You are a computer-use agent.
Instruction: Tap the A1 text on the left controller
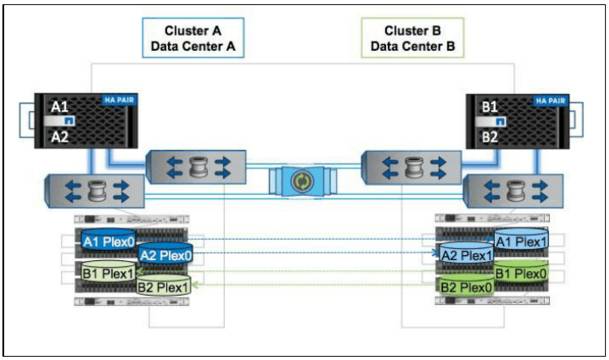click(x=62, y=104)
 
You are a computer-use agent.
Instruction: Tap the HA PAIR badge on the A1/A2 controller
click(x=118, y=100)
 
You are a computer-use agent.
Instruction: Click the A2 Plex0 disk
click(x=166, y=255)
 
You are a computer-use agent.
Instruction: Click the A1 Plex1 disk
click(x=522, y=241)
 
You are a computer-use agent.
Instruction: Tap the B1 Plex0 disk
click(x=522, y=272)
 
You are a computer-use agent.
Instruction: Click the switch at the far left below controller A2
click(x=91, y=190)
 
